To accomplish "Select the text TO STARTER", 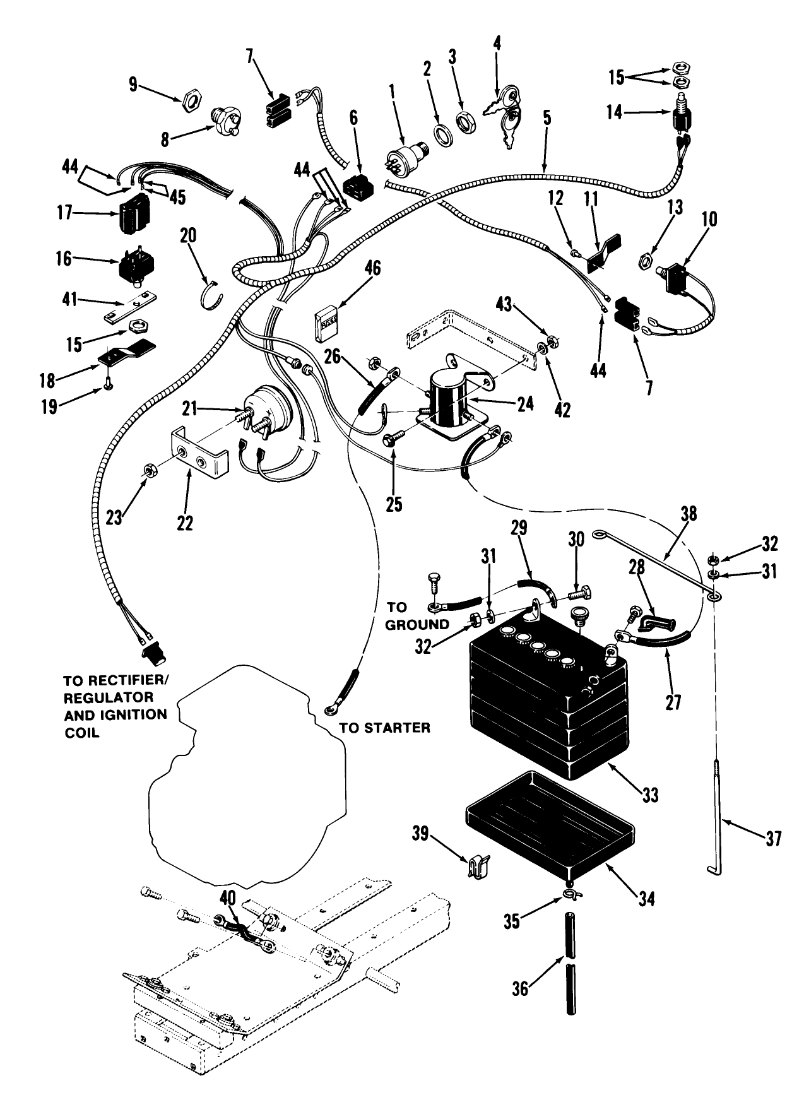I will (385, 728).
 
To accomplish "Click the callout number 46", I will (372, 268).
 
